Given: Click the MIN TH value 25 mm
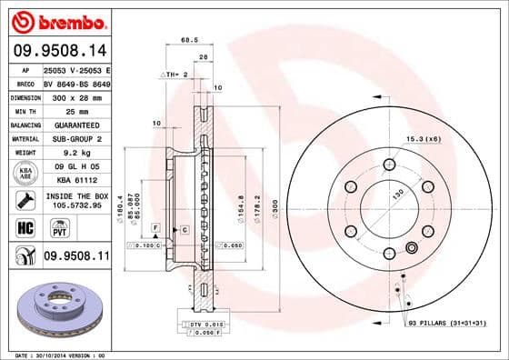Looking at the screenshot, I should pyautogui.click(x=72, y=110).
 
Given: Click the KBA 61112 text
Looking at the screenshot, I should pyautogui.click(x=72, y=181).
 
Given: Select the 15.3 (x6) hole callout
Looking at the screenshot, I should pyautogui.click(x=425, y=138).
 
